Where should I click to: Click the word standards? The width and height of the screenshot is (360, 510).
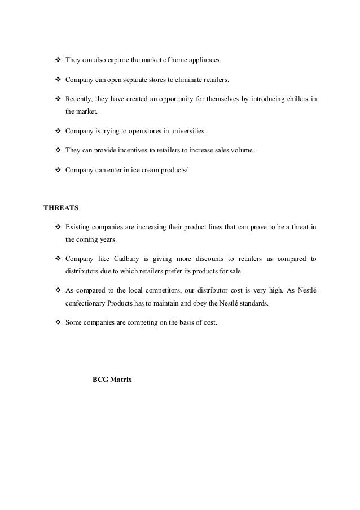[x=251, y=302]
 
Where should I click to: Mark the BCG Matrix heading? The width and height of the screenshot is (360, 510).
[x=112, y=381]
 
